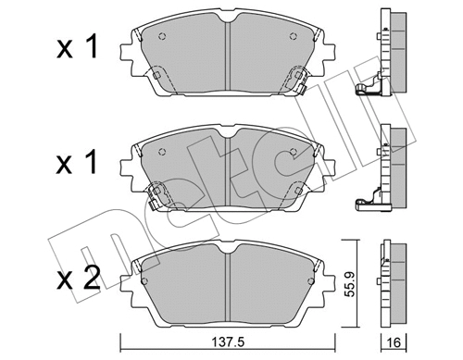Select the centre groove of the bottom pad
(x=228, y=275)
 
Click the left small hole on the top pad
(x=164, y=38)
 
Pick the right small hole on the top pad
(x=293, y=38)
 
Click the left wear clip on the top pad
(x=157, y=78)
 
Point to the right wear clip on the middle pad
(x=297, y=190)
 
